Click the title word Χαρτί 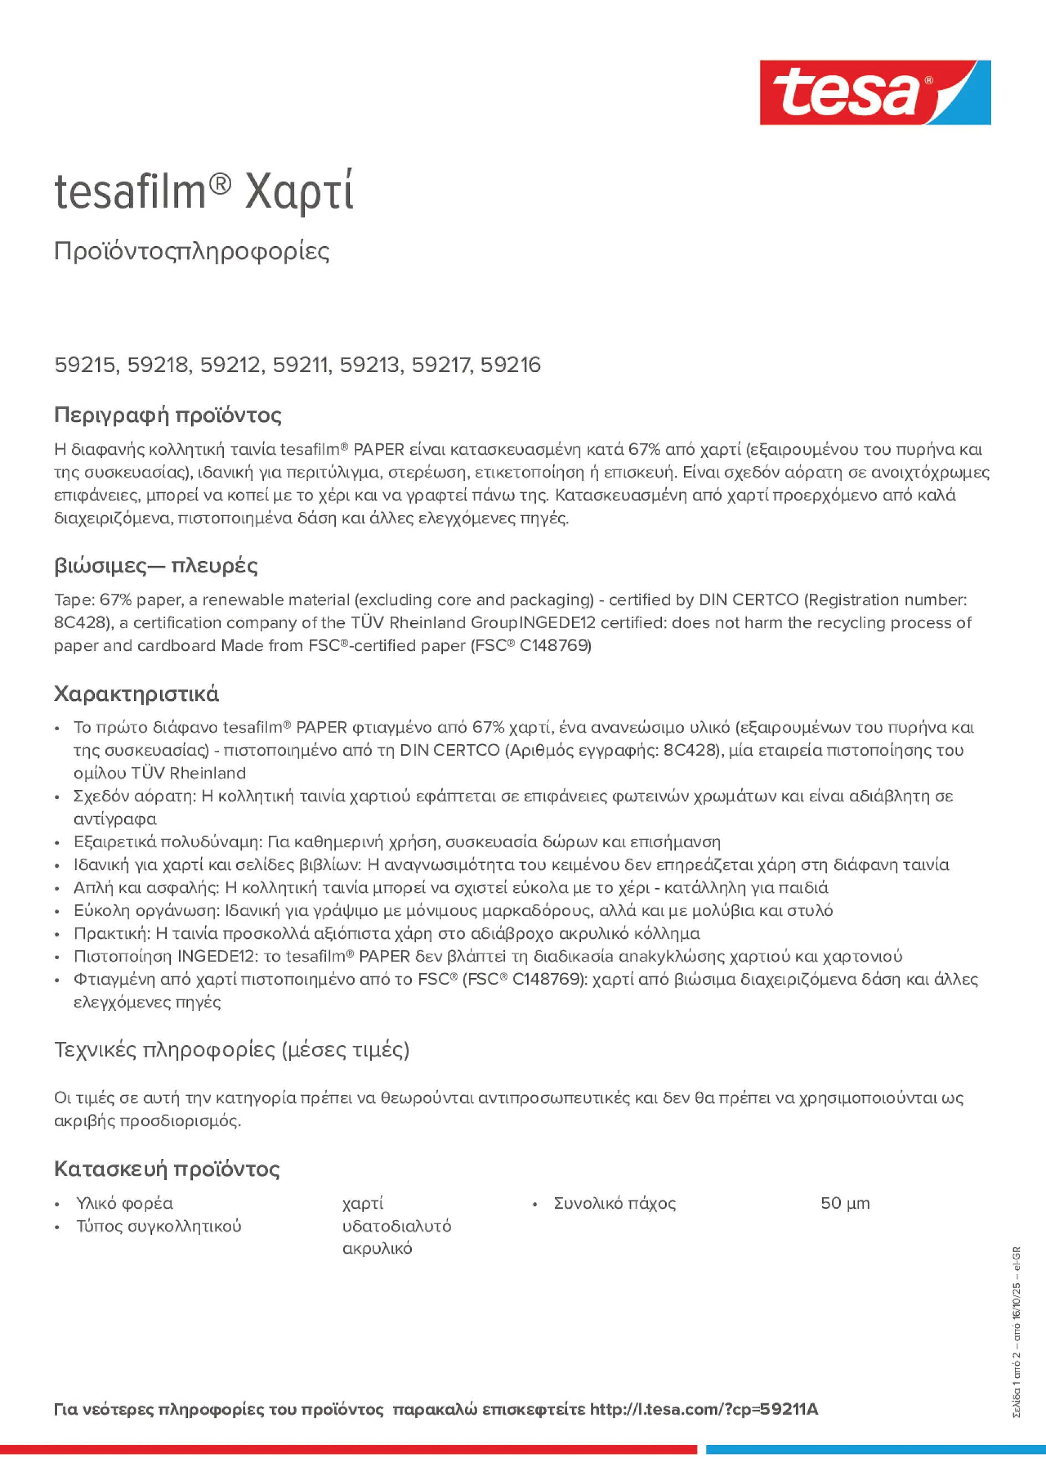coord(299,192)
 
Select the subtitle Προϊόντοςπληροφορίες coord(192,251)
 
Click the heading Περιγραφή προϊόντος coord(167,415)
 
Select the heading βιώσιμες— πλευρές coord(155,566)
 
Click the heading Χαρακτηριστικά coord(136,694)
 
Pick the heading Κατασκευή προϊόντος coord(166,1169)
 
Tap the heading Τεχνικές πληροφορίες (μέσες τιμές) coord(232,1050)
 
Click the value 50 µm coord(845,1203)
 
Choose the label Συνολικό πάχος coord(615,1203)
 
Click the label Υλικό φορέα coord(125,1203)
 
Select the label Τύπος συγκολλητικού coord(159,1225)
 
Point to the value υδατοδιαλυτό coord(396,1225)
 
